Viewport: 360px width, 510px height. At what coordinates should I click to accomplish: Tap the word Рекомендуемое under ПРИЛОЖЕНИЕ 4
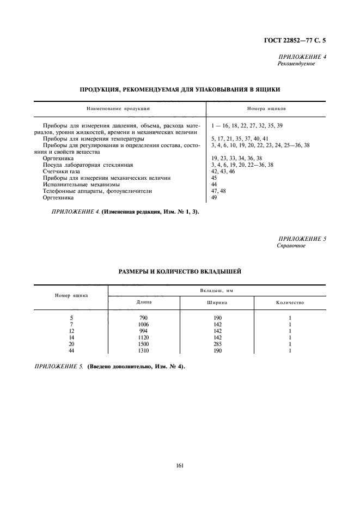coord(297,64)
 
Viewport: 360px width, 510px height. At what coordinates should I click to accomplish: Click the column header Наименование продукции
coord(119,108)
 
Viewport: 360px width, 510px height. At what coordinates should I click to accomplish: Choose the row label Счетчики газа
coord(61,171)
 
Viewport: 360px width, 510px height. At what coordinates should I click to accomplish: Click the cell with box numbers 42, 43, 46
coord(223,171)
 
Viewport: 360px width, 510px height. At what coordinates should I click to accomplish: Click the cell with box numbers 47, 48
coord(218,191)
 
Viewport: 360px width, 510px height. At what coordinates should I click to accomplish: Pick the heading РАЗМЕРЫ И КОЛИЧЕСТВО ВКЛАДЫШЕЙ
coord(180,271)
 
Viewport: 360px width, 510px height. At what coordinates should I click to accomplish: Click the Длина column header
coord(144,302)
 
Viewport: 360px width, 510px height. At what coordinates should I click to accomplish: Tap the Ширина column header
coord(217,302)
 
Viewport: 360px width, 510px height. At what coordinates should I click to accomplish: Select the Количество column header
coord(290,302)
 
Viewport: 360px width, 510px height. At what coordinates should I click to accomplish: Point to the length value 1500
coord(144,344)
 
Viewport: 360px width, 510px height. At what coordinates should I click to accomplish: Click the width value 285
coord(217,344)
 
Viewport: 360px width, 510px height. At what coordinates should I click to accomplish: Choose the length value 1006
coord(144,324)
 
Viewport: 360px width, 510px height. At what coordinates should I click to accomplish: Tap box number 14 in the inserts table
coord(71,337)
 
